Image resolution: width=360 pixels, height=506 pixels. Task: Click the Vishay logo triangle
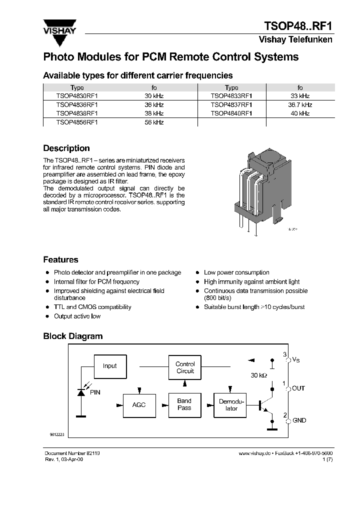click(x=59, y=25)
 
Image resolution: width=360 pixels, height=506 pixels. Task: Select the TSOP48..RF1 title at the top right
click(x=297, y=26)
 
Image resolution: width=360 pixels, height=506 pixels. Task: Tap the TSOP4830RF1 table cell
click(x=77, y=96)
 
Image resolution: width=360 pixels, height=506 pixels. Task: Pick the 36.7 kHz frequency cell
click(x=300, y=105)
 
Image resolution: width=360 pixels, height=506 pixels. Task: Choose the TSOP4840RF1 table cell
click(x=231, y=113)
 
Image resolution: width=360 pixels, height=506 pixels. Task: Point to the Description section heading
click(x=66, y=148)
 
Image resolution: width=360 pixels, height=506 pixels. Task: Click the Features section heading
click(x=60, y=260)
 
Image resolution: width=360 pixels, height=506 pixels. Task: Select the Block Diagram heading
click(x=72, y=336)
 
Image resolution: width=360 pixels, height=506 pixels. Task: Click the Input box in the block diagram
click(x=109, y=366)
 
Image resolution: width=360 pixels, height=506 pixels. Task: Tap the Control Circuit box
click(x=185, y=367)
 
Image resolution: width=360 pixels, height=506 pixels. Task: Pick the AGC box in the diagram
click(x=139, y=404)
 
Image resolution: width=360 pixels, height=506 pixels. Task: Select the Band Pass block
click(x=184, y=404)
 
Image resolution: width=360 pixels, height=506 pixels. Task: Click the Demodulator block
click(x=231, y=405)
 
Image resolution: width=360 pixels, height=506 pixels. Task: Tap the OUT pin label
click(x=298, y=388)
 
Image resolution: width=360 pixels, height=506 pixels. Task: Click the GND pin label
click(x=299, y=420)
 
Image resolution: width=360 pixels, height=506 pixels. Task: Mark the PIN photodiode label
click(x=95, y=392)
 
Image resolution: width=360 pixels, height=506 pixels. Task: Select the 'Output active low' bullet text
click(x=77, y=316)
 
